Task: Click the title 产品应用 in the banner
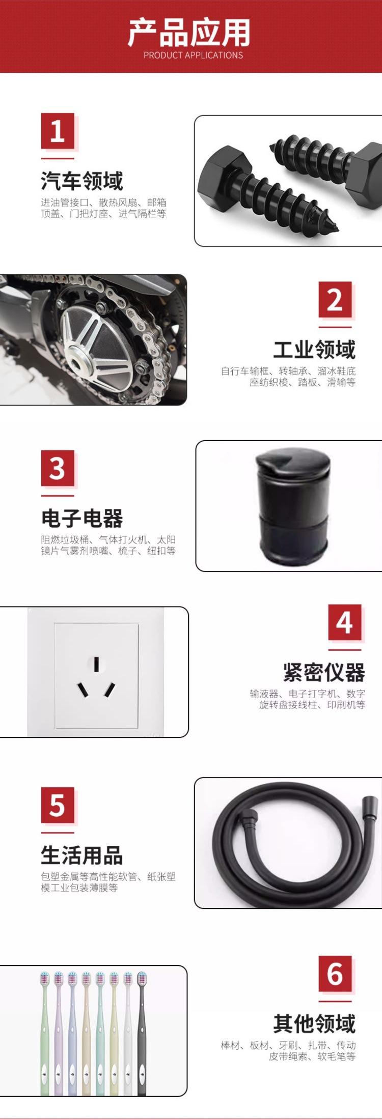(189, 33)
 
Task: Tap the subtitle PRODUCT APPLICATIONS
(193, 55)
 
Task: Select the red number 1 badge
(57, 131)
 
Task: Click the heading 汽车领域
(82, 181)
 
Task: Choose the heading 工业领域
(314, 350)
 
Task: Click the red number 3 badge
(57, 468)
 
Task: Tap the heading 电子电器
(82, 518)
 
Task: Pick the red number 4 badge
(344, 622)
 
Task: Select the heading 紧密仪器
(324, 672)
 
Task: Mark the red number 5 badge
(57, 806)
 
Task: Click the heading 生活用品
(82, 855)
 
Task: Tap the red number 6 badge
(335, 974)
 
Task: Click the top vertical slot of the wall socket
(96, 663)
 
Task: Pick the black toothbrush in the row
(142, 1033)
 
